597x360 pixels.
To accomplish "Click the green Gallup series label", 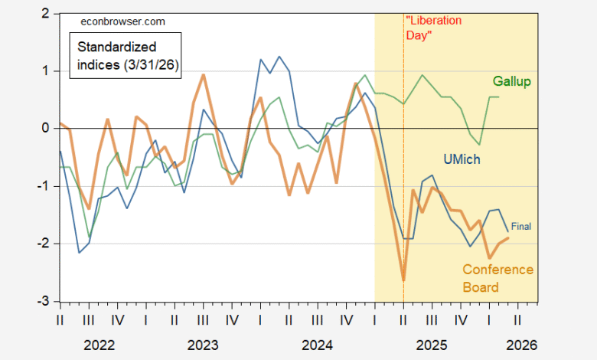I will [512, 81].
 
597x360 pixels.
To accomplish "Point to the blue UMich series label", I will [463, 159].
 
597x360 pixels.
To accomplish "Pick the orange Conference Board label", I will [497, 279].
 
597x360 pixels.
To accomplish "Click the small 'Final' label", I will [520, 226].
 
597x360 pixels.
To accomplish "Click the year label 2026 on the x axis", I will [521, 345].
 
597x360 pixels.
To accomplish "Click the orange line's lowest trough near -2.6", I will [403, 280].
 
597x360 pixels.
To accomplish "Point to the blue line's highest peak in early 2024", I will [279, 57].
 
